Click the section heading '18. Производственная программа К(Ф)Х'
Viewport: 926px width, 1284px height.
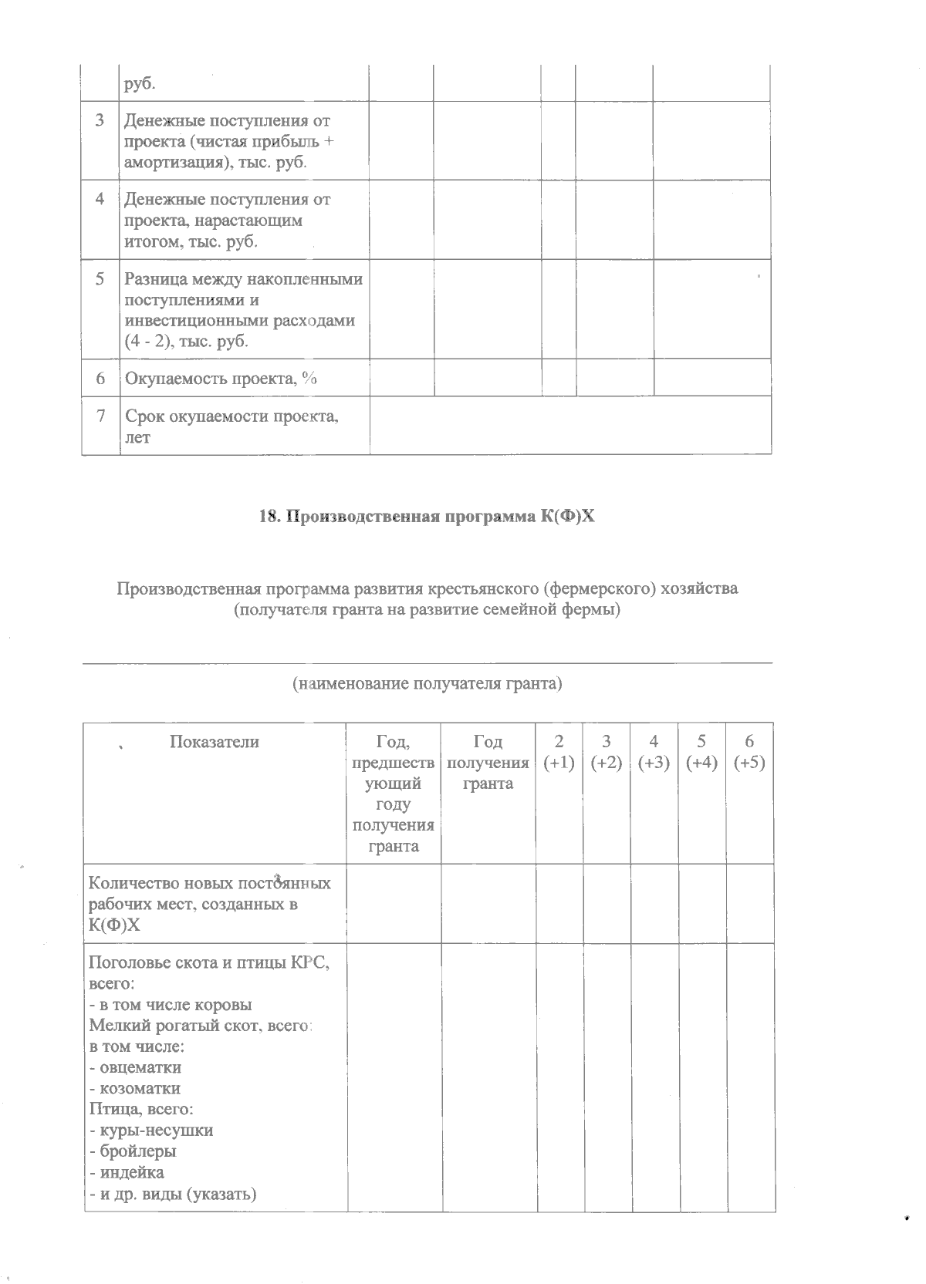tap(427, 517)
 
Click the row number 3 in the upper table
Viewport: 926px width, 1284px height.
tap(100, 121)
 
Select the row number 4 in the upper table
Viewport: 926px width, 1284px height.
tap(100, 199)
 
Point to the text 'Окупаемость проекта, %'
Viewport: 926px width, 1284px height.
tap(221, 378)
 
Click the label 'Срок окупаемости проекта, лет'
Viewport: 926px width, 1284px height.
tap(231, 426)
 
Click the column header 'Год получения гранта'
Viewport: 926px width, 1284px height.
tap(487, 763)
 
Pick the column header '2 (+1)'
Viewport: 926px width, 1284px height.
tap(559, 752)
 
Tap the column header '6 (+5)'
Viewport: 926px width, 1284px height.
tap(749, 752)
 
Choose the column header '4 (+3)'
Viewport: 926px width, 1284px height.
tap(654, 752)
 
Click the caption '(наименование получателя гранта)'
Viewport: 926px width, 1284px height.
tap(427, 683)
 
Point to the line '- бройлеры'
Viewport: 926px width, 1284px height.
tap(133, 1151)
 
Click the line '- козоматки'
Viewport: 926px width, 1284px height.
tap(135, 1089)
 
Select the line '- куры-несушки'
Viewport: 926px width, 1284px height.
tap(151, 1131)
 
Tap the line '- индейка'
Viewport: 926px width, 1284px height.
tap(127, 1172)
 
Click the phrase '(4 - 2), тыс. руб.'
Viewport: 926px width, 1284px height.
tap(186, 342)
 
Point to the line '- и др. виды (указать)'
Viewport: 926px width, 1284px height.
tap(173, 1194)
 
